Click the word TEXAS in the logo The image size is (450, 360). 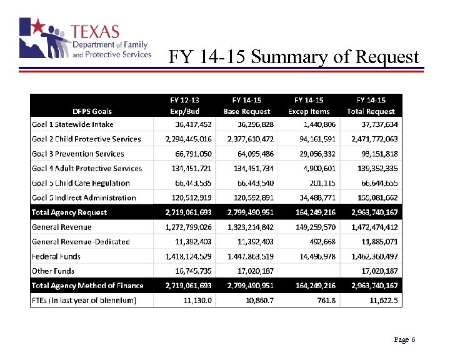[x=95, y=32]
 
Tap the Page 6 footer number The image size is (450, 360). [x=404, y=339]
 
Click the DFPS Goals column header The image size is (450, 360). [x=92, y=111]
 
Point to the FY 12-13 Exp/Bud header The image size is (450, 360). [x=185, y=106]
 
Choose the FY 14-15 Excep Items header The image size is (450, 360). [x=309, y=106]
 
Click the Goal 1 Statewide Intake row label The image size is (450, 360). [x=72, y=124]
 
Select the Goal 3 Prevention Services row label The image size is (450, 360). [x=78, y=154]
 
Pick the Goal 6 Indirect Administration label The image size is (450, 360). [x=84, y=197]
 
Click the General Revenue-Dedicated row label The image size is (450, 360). [x=81, y=241]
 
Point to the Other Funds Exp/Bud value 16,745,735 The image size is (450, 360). [x=193, y=271]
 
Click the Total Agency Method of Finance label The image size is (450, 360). [x=87, y=286]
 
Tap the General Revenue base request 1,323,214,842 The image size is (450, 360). [x=247, y=227]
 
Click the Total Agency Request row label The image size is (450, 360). [x=69, y=212]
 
